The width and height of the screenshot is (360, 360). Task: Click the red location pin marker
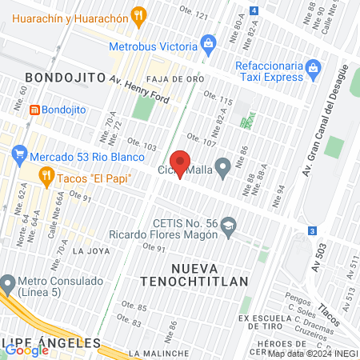(x=181, y=163)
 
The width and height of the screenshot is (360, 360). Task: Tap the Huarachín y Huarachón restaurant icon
(x=140, y=15)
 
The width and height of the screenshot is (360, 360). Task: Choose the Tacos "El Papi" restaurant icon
(x=46, y=177)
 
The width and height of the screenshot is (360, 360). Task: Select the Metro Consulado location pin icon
(x=9, y=282)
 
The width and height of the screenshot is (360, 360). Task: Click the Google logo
(x=26, y=349)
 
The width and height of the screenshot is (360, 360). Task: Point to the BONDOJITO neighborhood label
(x=66, y=77)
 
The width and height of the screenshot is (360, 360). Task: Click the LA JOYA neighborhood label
(x=90, y=250)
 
